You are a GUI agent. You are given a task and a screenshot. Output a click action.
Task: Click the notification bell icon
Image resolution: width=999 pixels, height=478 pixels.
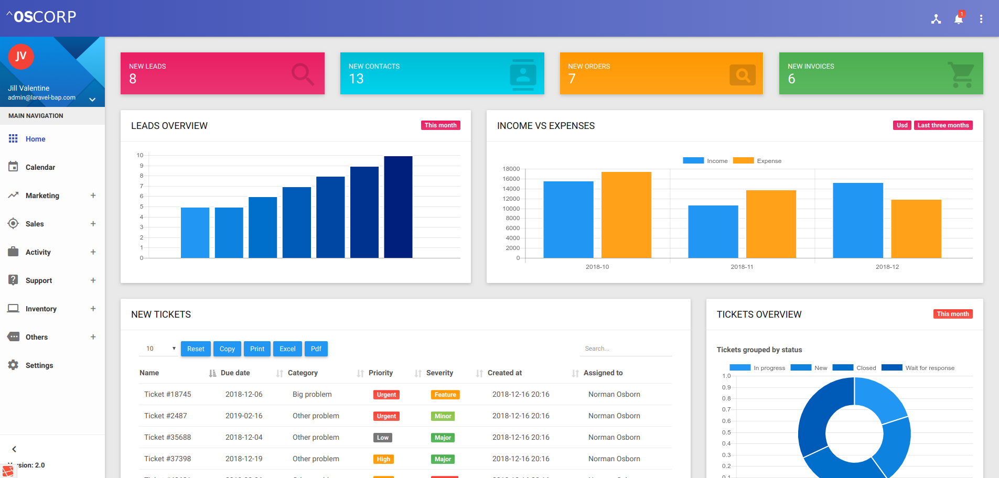point(959,19)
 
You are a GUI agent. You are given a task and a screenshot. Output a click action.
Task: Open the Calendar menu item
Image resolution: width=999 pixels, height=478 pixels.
point(40,167)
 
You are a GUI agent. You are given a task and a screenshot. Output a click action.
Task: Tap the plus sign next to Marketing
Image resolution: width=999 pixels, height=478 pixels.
point(93,195)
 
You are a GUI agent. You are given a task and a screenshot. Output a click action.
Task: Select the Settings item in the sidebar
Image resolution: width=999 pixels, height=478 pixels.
point(39,365)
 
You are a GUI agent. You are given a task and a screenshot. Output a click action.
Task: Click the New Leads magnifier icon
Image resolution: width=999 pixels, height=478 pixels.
point(303,74)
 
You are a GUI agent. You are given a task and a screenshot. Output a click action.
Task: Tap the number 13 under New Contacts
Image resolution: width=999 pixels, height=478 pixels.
point(356,79)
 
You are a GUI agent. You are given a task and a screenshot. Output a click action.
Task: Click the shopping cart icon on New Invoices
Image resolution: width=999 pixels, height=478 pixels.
point(961,74)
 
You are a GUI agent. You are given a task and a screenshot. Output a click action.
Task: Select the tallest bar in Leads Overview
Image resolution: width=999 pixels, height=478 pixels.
point(398,207)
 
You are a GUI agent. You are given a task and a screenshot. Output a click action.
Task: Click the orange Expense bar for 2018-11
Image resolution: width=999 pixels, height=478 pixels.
point(771,224)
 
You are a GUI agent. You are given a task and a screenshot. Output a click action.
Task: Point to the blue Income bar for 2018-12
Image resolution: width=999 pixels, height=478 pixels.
point(858,220)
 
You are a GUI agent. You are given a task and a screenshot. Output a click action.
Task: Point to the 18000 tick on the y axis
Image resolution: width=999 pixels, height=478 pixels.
point(511,169)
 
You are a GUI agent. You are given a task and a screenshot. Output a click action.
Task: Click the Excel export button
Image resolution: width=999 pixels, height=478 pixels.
point(287,349)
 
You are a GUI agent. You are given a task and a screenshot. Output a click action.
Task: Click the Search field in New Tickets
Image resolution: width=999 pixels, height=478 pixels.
point(627,349)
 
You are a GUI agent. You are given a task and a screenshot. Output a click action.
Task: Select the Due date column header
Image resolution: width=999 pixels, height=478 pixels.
point(235,373)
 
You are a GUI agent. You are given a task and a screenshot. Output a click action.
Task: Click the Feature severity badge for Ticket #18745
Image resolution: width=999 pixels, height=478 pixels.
point(445,395)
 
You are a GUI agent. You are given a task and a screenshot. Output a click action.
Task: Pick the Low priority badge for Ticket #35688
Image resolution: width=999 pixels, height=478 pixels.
point(383,438)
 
